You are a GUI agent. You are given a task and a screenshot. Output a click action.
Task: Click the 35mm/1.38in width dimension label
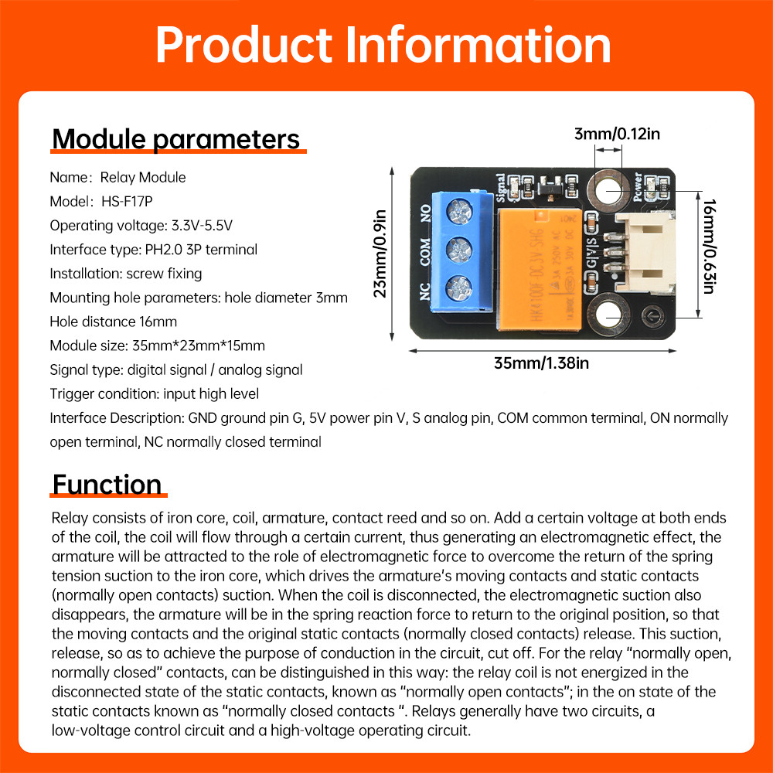point(547,363)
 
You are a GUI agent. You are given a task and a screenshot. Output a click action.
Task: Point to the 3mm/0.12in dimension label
point(617,134)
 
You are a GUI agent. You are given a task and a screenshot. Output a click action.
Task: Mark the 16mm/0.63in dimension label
point(708,246)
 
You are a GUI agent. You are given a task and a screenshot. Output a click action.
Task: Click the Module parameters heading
point(176,139)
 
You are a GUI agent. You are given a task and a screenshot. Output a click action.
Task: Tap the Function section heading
point(107,485)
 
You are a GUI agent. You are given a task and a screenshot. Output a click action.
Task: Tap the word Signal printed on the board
point(502,186)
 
